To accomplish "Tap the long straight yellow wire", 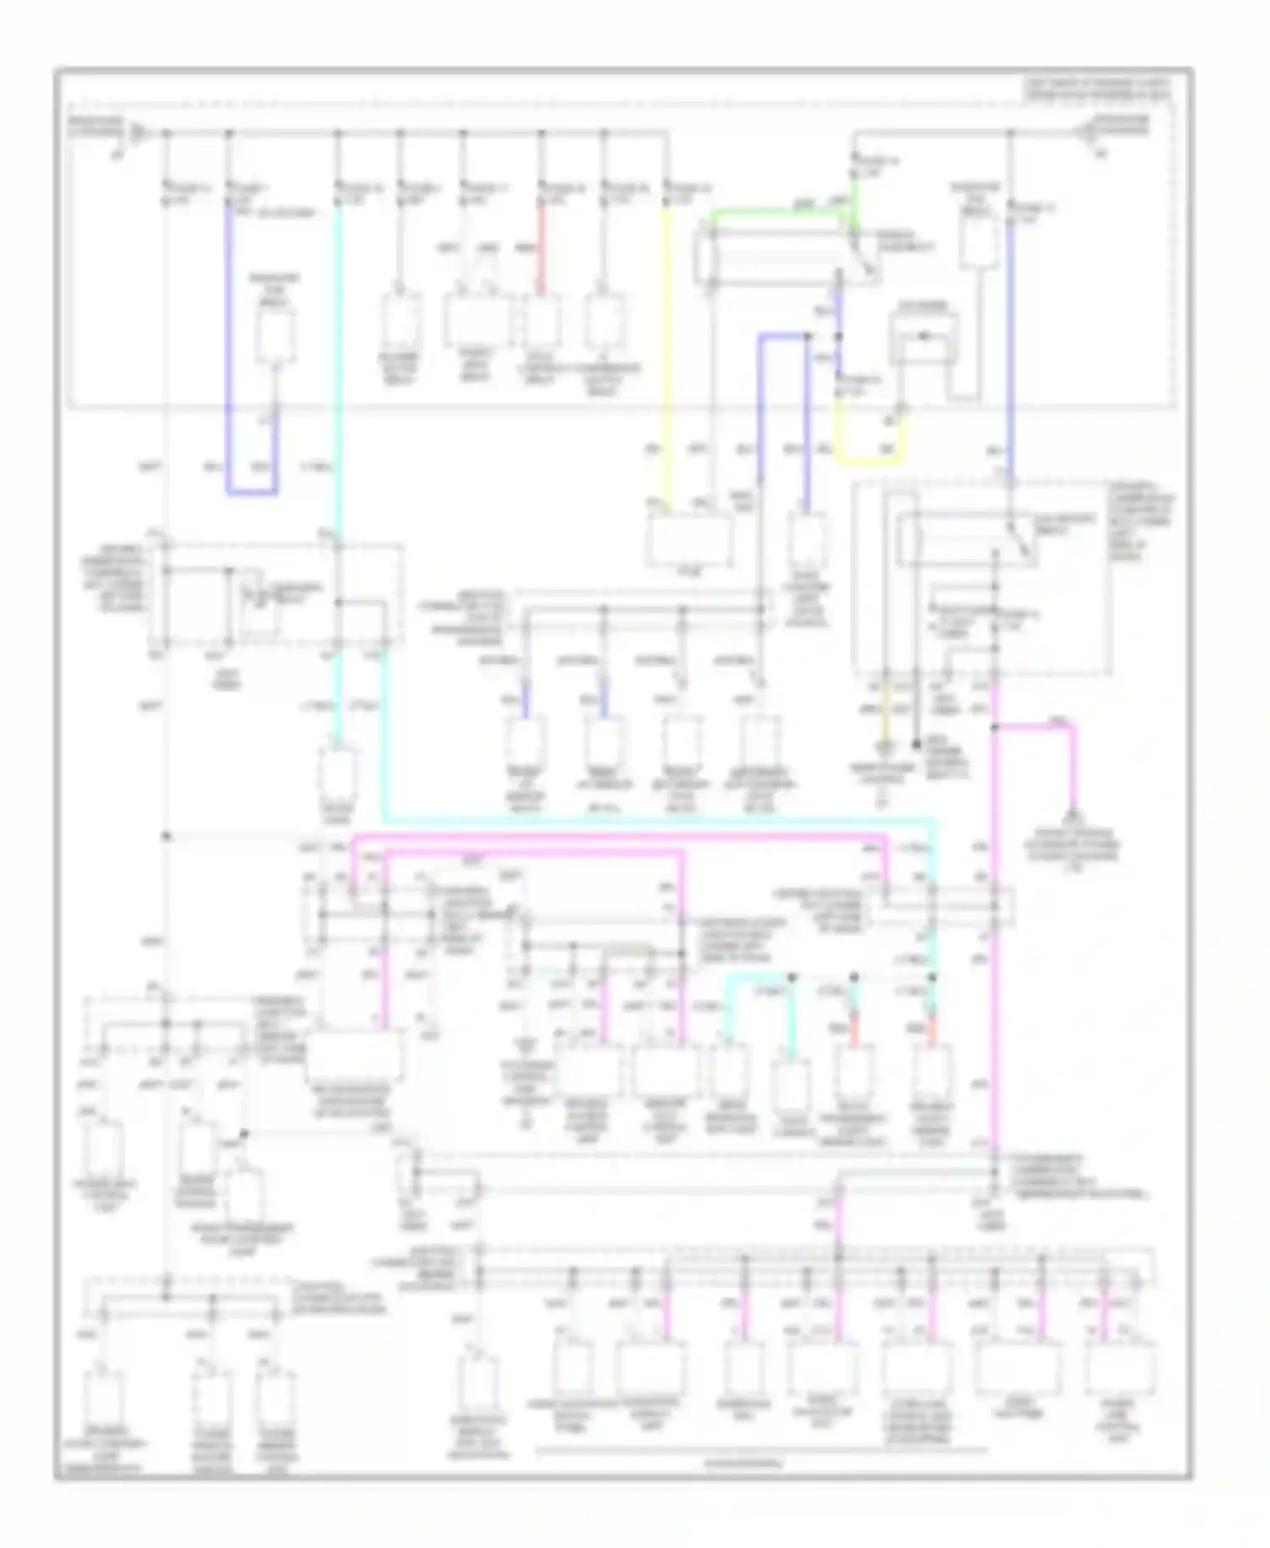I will click(x=666, y=356).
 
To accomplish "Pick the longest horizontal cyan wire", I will click(x=660, y=821).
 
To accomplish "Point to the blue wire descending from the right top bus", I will click(x=1010, y=339).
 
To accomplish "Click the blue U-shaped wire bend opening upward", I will click(x=251, y=490).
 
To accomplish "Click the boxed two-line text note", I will click(x=1097, y=88).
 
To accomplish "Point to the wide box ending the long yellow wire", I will click(x=690, y=539).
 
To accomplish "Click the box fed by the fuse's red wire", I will click(x=542, y=322).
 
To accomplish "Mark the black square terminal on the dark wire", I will click(x=916, y=744).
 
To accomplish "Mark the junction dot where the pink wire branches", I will click(x=996, y=727).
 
